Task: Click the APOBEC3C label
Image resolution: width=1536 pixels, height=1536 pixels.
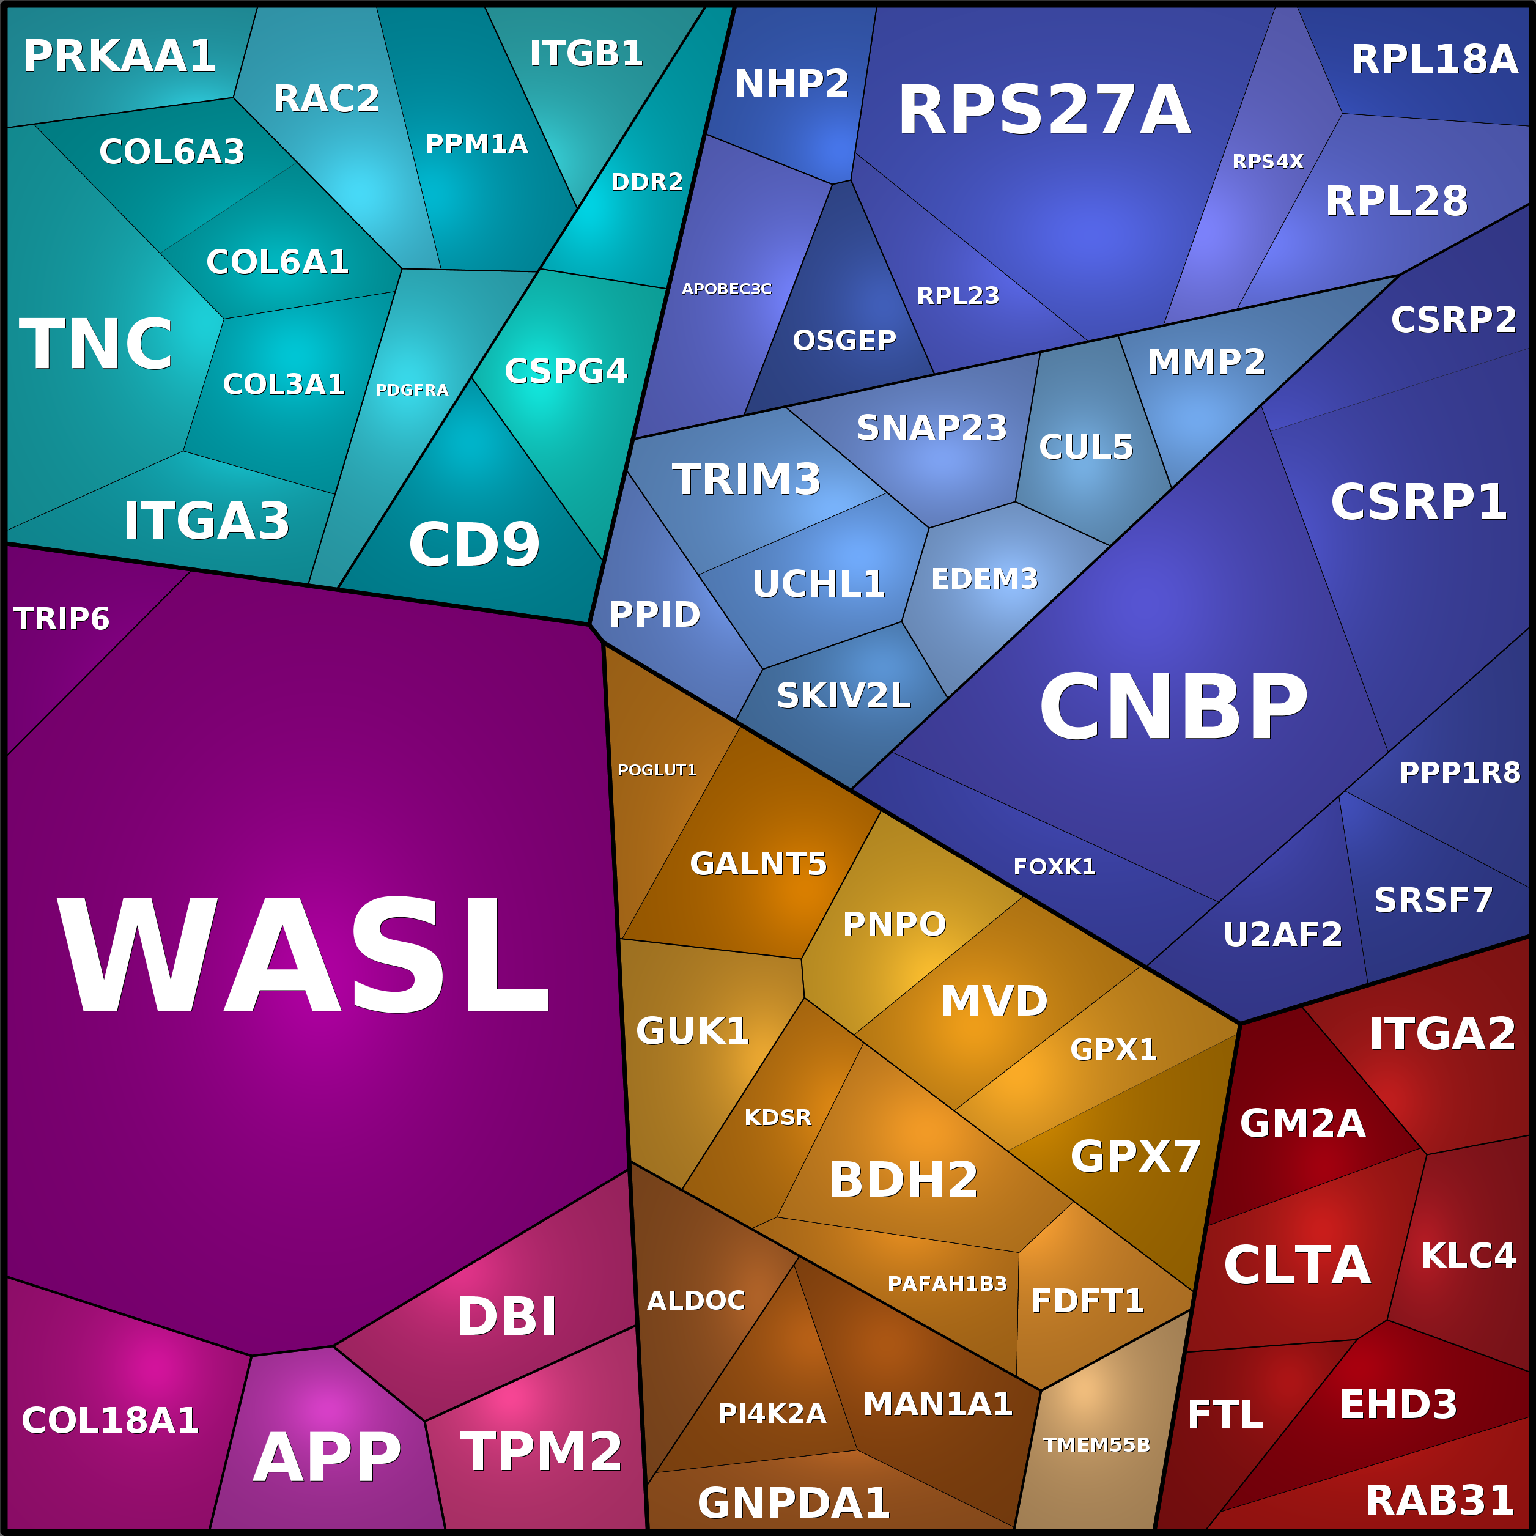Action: coord(726,289)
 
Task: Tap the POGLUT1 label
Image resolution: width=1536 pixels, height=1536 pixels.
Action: coord(656,770)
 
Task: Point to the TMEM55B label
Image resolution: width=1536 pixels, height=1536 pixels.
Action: coord(1096,1444)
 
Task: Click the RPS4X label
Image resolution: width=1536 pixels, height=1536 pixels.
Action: coord(1268,161)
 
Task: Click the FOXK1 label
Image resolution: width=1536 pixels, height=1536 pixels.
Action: coord(1054,866)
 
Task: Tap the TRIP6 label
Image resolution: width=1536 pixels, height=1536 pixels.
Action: coord(61,619)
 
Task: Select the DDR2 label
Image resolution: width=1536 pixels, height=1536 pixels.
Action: coord(646,182)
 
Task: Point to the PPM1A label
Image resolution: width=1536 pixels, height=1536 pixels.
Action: coord(476,144)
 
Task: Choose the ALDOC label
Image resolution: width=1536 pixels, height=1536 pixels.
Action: coord(696,1301)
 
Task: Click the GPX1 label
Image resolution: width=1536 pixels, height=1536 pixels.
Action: coord(1112,1049)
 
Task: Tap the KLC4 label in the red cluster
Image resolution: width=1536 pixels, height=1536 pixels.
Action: coord(1467,1256)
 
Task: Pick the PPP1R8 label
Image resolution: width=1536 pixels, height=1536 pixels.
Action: coord(1459,773)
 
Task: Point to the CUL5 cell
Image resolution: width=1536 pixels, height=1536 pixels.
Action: coord(1085,447)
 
